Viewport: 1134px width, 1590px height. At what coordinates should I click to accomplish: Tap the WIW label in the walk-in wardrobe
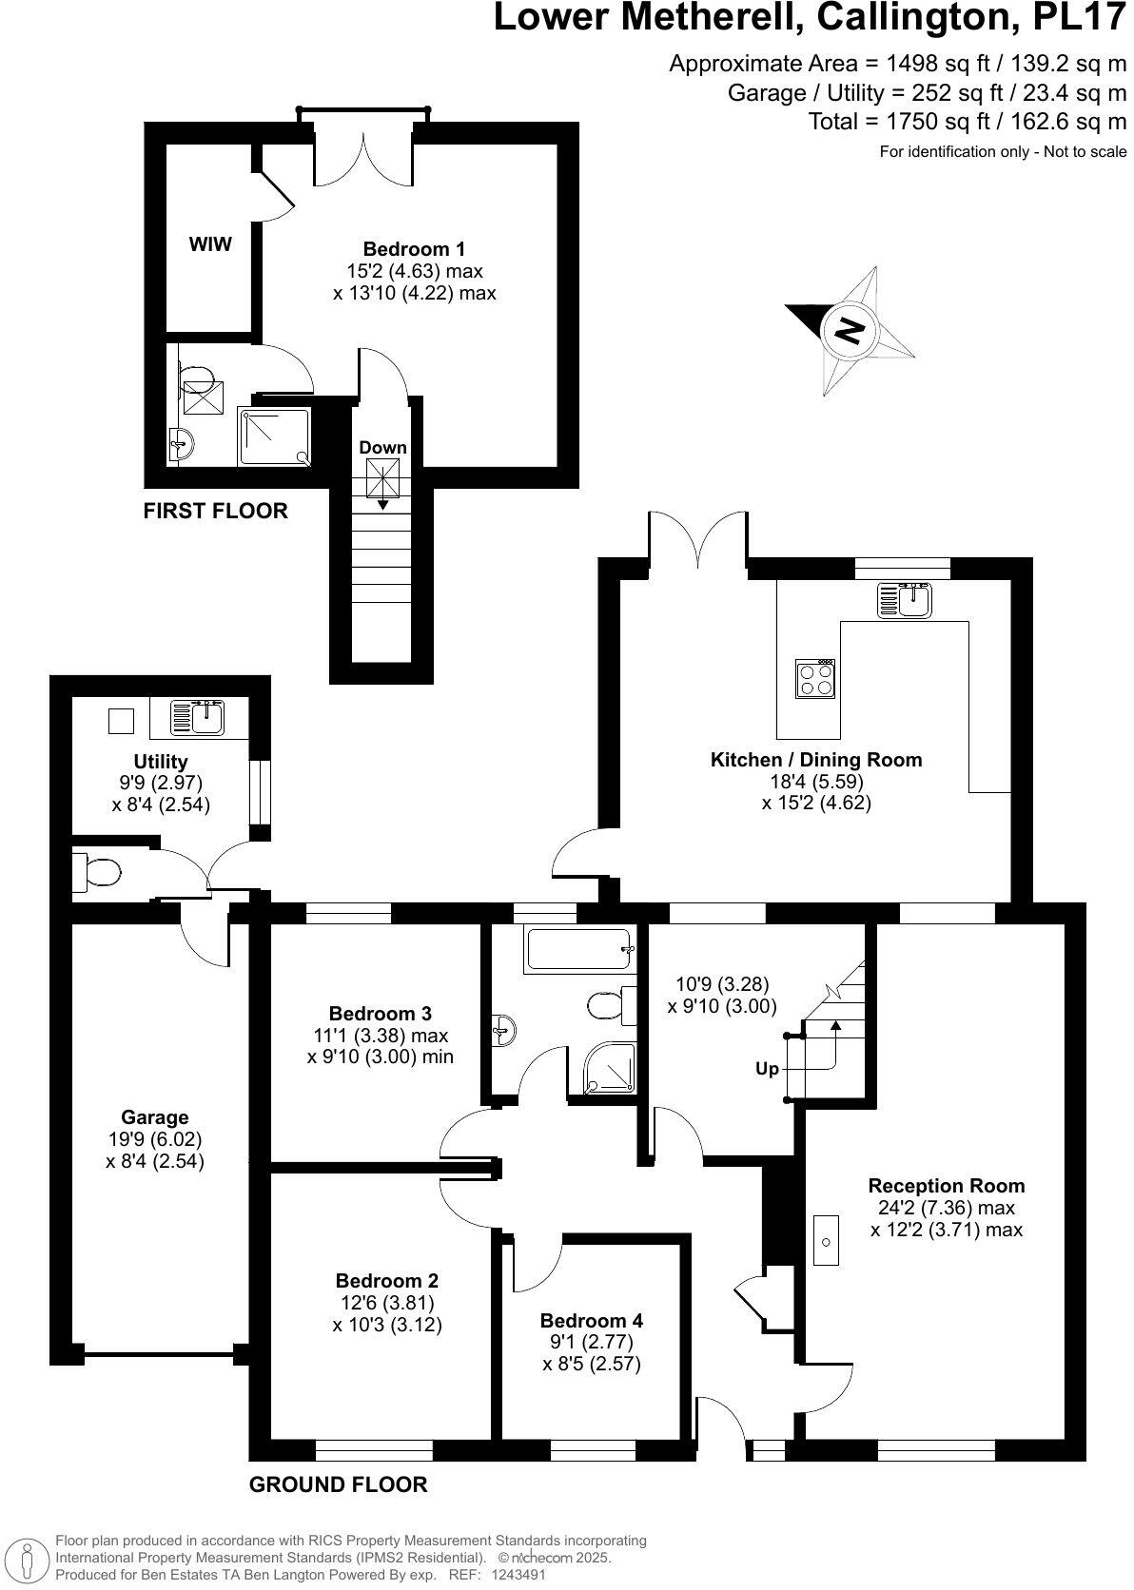coord(210,244)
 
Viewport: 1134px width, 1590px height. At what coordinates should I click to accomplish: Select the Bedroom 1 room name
coord(414,249)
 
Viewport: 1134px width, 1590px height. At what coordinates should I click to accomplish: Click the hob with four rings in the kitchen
coord(815,679)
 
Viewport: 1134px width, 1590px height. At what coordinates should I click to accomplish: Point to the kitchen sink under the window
coord(907,600)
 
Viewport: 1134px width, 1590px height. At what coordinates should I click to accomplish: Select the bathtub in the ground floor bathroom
coord(577,950)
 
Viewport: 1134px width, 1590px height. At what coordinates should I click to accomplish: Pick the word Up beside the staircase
coord(767,1069)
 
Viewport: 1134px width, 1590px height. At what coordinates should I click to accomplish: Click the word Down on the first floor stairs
coord(382,447)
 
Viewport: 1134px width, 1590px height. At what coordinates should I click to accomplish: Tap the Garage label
coord(154,1117)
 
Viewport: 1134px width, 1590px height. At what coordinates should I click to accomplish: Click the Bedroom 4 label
coord(591,1320)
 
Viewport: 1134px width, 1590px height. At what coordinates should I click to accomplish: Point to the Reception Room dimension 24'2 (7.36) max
coord(946,1208)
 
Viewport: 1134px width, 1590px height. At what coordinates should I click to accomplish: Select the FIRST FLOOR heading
coord(215,511)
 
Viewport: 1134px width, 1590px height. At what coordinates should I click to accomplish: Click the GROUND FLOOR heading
coord(338,1483)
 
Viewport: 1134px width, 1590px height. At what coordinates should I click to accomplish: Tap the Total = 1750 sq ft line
coord(967,121)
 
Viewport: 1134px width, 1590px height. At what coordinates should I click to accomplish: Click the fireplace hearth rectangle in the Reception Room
coord(827,1241)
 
